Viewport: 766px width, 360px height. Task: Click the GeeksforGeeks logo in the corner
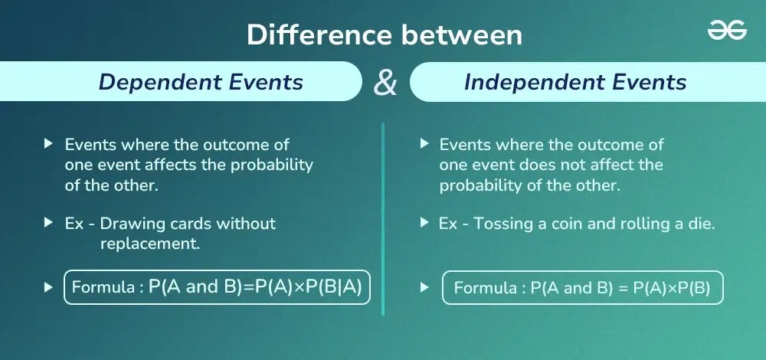[726, 31]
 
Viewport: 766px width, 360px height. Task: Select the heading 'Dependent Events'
[201, 82]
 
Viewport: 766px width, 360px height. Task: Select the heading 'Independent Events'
[575, 82]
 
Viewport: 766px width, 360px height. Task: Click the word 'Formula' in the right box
[484, 289]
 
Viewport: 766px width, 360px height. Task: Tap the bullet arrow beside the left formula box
[48, 288]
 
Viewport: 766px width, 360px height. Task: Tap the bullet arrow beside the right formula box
[424, 289]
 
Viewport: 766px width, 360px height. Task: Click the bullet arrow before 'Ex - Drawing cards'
[48, 224]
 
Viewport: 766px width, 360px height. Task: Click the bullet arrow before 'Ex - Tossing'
[424, 224]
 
